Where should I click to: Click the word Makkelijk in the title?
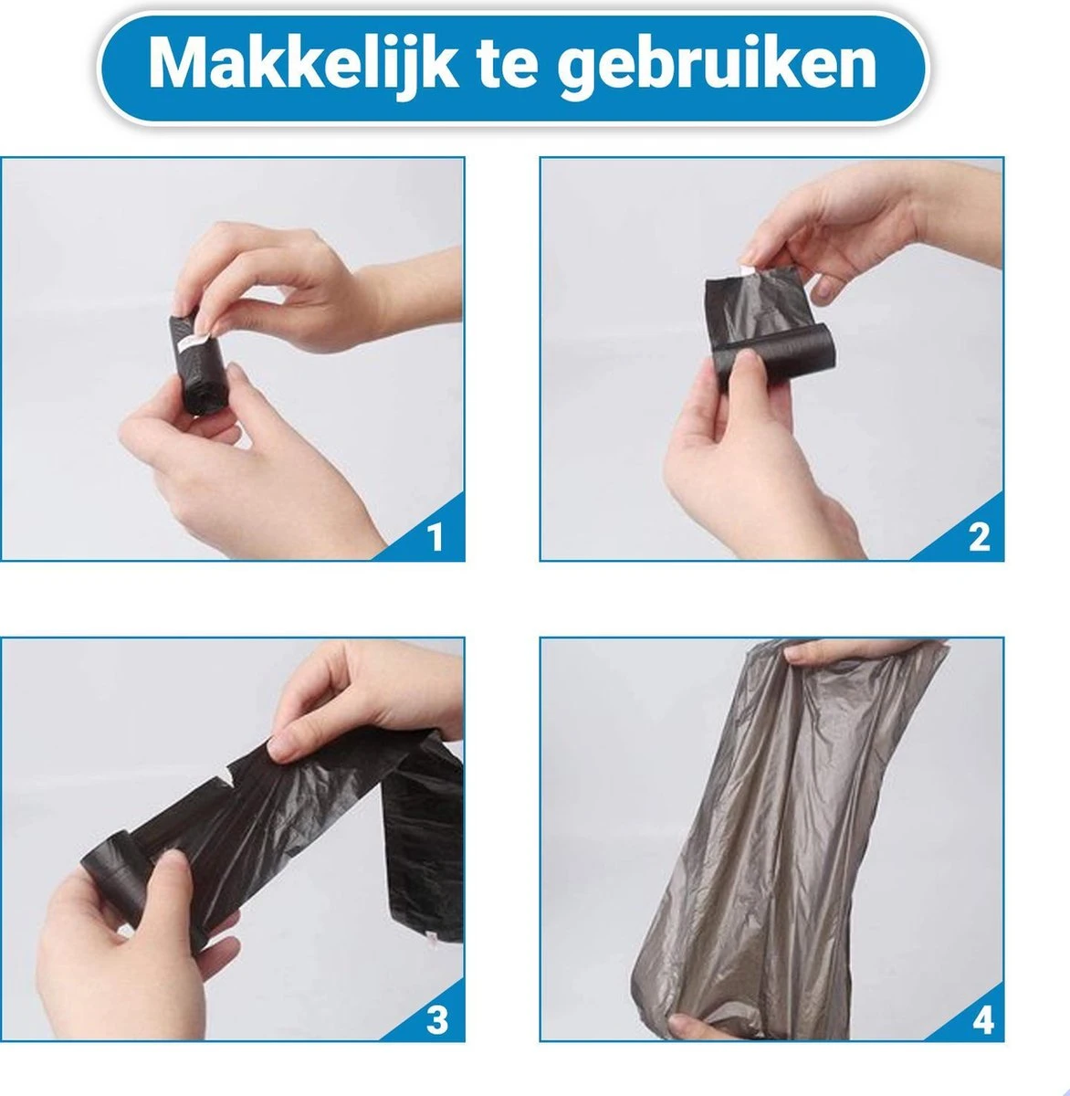[x=302, y=65]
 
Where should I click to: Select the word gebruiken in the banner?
[x=717, y=67]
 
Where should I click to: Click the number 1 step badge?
[x=435, y=537]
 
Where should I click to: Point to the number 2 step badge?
[x=980, y=537]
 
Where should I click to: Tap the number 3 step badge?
[x=436, y=1019]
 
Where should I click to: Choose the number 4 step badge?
[x=982, y=1019]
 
